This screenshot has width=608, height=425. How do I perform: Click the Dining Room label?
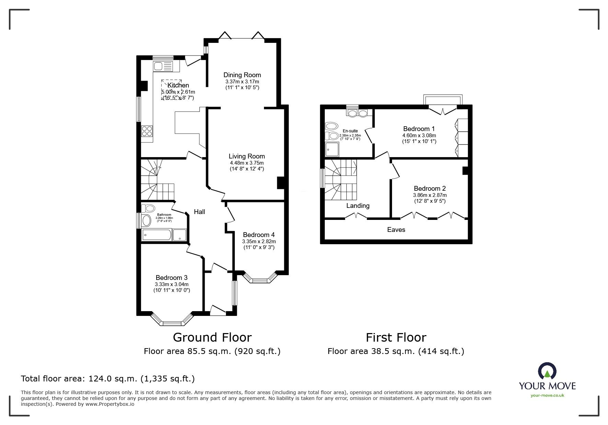pyautogui.click(x=242, y=75)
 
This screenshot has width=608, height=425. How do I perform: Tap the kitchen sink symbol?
pyautogui.click(x=164, y=66)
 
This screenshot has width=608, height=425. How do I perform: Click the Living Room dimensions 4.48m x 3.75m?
pyautogui.click(x=247, y=163)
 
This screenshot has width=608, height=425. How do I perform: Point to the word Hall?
pyautogui.click(x=199, y=212)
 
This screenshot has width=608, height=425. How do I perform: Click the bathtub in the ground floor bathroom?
pyautogui.click(x=156, y=235)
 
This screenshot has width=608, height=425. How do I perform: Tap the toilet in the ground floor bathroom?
pyautogui.click(x=148, y=208)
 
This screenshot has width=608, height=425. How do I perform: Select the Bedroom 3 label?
pyautogui.click(x=171, y=278)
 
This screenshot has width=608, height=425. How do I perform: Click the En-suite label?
pyautogui.click(x=350, y=131)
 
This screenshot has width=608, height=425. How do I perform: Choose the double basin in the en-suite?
pyautogui.click(x=357, y=113)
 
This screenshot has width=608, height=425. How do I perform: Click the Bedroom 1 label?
pyautogui.click(x=419, y=129)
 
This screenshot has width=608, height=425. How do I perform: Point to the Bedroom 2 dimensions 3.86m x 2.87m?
pyautogui.click(x=429, y=195)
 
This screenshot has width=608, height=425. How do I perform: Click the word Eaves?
pyautogui.click(x=396, y=229)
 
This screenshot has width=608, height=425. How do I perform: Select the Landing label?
pyautogui.click(x=358, y=205)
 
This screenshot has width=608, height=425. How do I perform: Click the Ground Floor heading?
pyautogui.click(x=212, y=337)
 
